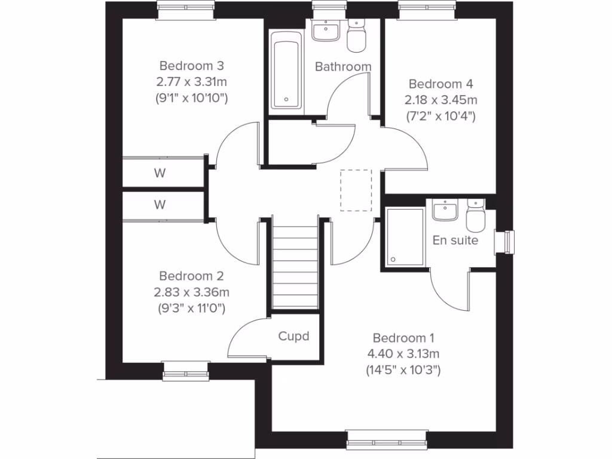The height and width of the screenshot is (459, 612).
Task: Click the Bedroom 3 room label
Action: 191,65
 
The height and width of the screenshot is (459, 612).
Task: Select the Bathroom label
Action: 343,66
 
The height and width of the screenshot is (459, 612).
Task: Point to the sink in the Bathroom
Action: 326,29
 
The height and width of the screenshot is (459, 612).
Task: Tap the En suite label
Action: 455,240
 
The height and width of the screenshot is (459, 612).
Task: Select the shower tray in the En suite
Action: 405,236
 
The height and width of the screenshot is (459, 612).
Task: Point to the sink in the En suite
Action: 445,210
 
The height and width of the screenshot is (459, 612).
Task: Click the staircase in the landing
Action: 294,263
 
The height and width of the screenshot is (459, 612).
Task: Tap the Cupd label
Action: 294,336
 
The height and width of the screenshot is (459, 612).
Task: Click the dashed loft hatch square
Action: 356,190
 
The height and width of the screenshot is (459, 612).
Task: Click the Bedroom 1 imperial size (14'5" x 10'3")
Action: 403,370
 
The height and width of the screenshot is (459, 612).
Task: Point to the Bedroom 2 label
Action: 191,276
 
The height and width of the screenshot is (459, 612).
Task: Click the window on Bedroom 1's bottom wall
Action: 387,440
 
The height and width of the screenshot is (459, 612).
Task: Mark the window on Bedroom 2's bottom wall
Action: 186,371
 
